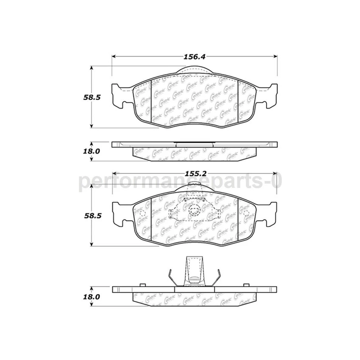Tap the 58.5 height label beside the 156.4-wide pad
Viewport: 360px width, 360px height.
click(92, 97)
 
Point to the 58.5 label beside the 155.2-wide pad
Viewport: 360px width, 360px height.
click(92, 216)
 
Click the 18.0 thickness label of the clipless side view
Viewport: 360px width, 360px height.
click(92, 151)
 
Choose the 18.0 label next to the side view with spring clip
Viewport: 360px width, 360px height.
click(92, 296)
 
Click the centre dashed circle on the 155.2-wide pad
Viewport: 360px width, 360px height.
click(194, 211)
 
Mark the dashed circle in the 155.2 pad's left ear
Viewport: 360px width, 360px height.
click(142, 214)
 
